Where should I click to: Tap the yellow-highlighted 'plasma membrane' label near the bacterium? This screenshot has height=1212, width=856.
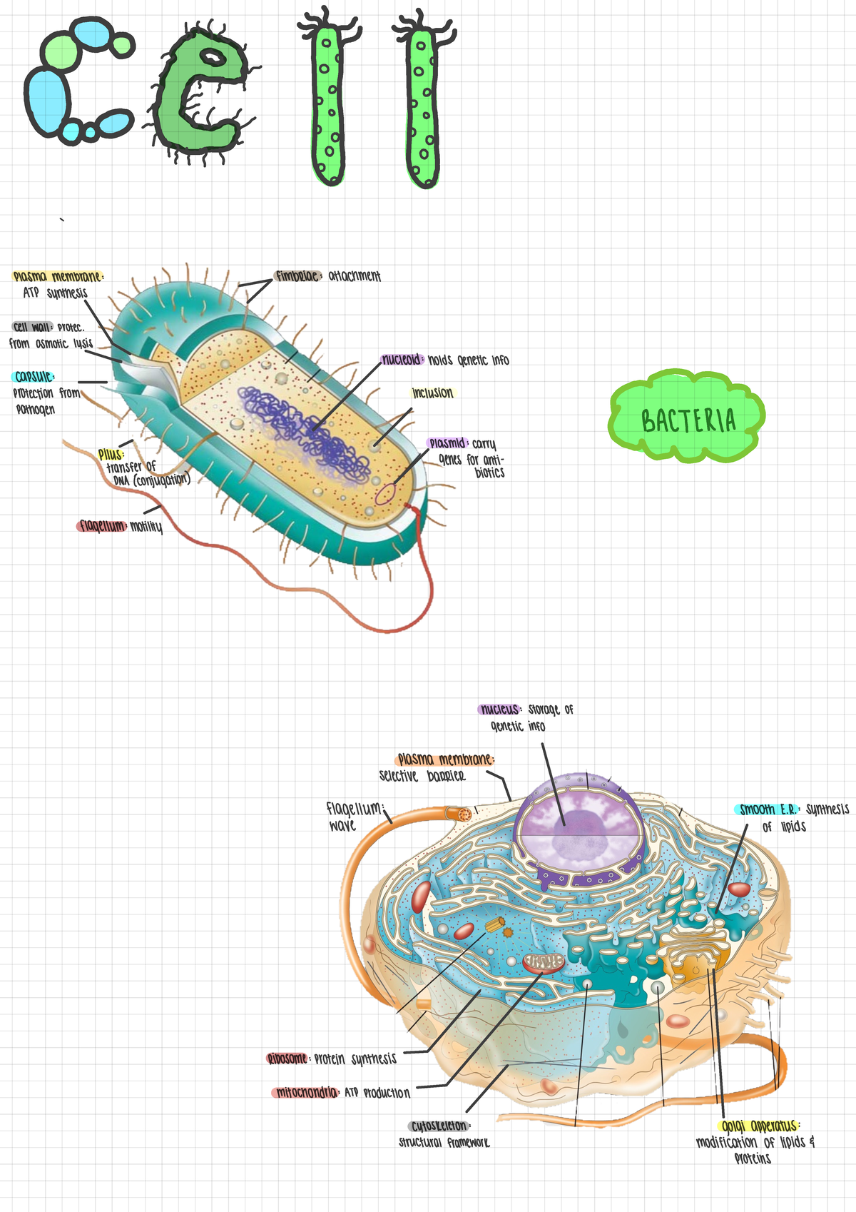pyautogui.click(x=58, y=277)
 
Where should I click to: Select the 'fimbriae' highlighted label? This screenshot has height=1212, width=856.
pyautogui.click(x=297, y=276)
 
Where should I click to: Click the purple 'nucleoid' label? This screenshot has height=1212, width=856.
pyautogui.click(x=402, y=360)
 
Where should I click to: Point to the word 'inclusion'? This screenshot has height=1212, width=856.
pyautogui.click(x=432, y=393)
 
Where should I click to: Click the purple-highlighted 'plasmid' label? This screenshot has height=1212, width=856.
pyautogui.click(x=447, y=443)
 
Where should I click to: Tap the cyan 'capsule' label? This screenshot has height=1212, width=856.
pyautogui.click(x=33, y=376)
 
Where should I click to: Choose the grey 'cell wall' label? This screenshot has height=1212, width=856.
pyautogui.click(x=32, y=327)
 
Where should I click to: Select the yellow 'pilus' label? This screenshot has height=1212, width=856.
pyautogui.click(x=111, y=454)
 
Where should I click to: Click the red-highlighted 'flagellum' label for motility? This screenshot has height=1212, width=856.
pyautogui.click(x=101, y=527)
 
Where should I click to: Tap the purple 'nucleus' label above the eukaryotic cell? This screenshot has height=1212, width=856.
pyautogui.click(x=499, y=709)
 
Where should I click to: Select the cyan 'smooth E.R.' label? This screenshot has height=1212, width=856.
pyautogui.click(x=768, y=809)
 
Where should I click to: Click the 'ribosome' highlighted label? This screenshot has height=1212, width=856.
pyautogui.click(x=287, y=1059)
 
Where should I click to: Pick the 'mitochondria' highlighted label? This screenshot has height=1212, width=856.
pyautogui.click(x=306, y=1093)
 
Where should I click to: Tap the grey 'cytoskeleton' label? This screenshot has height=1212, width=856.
pyautogui.click(x=438, y=1126)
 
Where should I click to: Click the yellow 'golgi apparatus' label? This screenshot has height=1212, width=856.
pyautogui.click(x=758, y=1126)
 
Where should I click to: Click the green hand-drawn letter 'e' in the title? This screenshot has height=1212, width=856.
pyautogui.click(x=200, y=93)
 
